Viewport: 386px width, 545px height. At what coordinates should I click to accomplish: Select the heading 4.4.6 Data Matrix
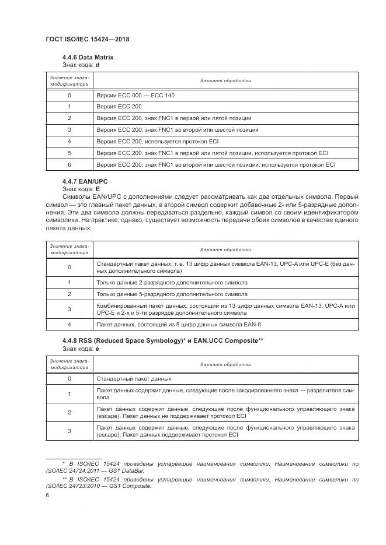(x=88, y=58)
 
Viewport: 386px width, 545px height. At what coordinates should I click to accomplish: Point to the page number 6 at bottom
(x=47, y=495)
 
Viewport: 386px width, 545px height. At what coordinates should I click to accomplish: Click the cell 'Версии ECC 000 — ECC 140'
(x=135, y=95)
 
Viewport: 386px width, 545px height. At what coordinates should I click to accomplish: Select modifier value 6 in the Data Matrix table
(x=69, y=165)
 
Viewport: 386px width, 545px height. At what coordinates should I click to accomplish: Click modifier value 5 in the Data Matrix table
(x=69, y=153)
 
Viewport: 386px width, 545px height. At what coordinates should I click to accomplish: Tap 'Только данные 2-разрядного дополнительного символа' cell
(x=172, y=282)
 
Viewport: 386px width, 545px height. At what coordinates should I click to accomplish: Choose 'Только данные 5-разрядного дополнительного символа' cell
(x=172, y=294)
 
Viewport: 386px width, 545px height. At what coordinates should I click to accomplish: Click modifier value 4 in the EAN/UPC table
(x=69, y=324)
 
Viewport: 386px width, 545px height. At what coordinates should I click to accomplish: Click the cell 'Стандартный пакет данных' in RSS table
(x=134, y=378)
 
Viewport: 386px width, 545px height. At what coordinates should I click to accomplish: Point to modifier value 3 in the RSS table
(x=69, y=431)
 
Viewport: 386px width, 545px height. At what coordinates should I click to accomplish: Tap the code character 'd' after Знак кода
(x=98, y=65)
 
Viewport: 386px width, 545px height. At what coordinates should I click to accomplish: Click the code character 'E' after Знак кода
(x=98, y=189)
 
